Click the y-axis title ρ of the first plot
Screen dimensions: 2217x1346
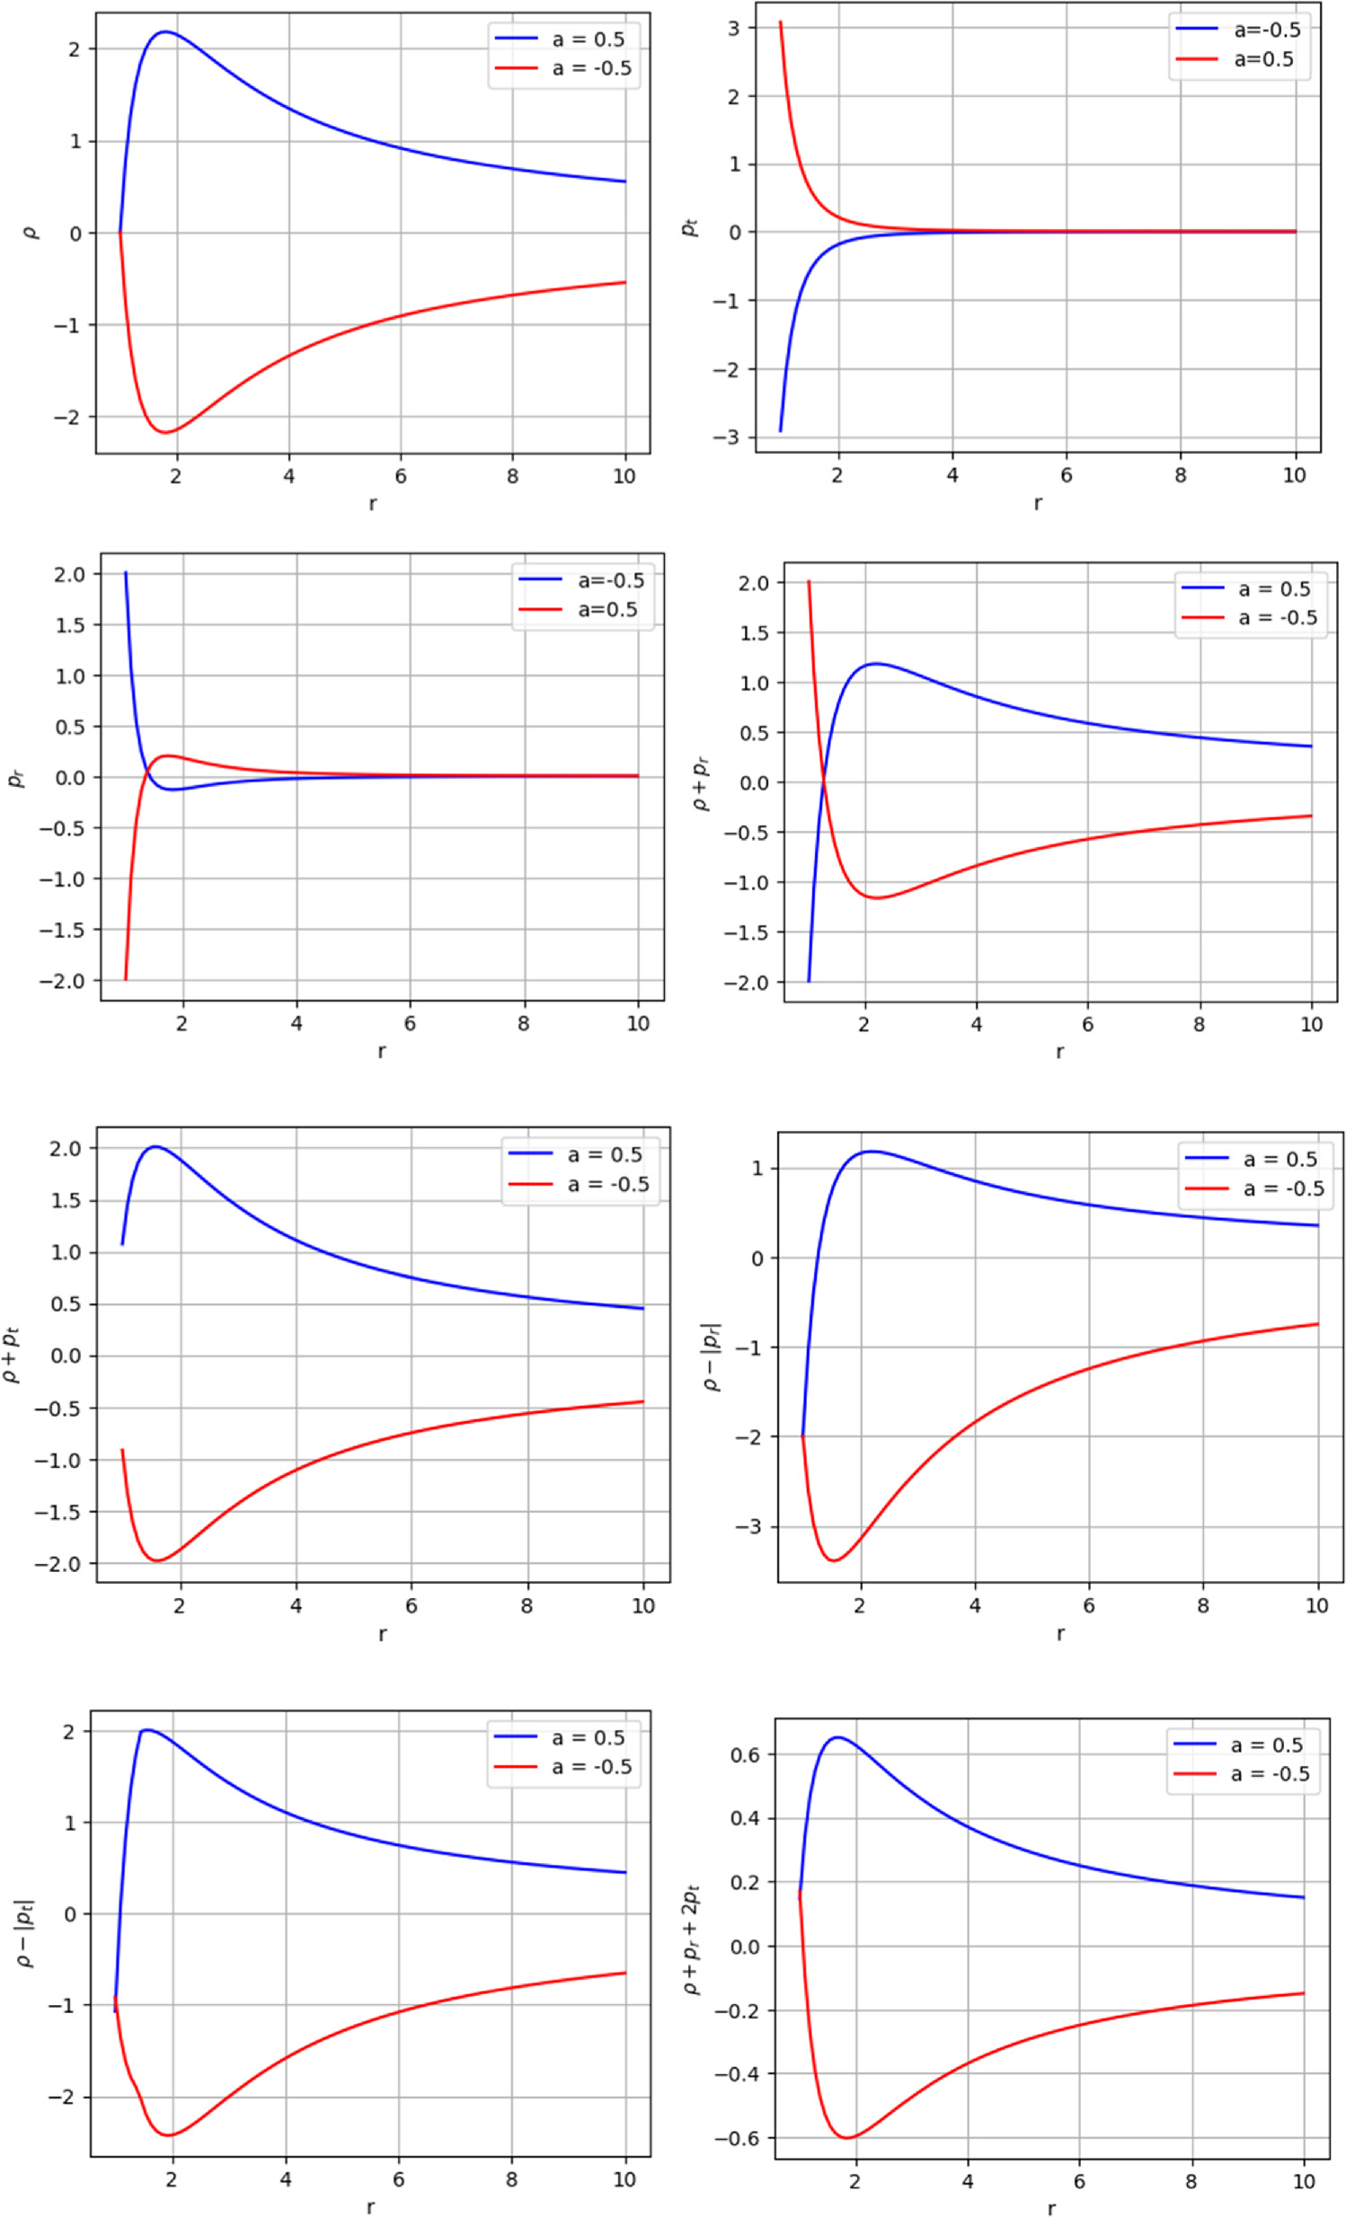coord(31,232)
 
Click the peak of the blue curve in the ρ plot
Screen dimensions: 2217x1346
coord(165,32)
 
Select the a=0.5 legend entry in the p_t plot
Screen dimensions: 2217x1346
coord(1239,59)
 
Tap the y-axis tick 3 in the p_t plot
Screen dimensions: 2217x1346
coord(734,28)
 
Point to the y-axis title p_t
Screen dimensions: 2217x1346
coord(690,227)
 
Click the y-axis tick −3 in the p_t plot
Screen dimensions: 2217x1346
coord(727,437)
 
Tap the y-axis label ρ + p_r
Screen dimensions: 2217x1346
coord(703,782)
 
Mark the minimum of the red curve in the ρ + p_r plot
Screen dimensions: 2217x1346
coord(875,898)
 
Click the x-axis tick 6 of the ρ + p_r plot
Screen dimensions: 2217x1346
coord(1087,1024)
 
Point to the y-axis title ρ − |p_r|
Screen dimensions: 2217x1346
coord(713,1356)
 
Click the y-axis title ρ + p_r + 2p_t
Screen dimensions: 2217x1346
coord(693,1940)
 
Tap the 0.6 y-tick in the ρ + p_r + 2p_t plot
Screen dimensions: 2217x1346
coord(747,1754)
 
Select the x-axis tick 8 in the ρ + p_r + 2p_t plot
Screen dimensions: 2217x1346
coord(1191,2181)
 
